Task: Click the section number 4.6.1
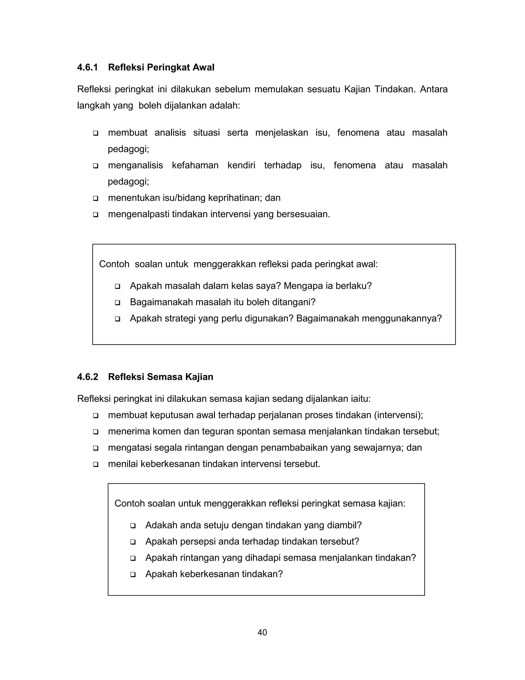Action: (87, 67)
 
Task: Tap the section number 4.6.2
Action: (87, 377)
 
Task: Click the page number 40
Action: (262, 632)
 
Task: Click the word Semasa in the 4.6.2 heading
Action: (165, 377)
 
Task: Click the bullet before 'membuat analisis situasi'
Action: (95, 133)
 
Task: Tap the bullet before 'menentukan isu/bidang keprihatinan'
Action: (95, 198)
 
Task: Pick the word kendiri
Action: (241, 165)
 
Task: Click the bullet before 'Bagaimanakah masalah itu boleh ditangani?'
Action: (118, 303)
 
